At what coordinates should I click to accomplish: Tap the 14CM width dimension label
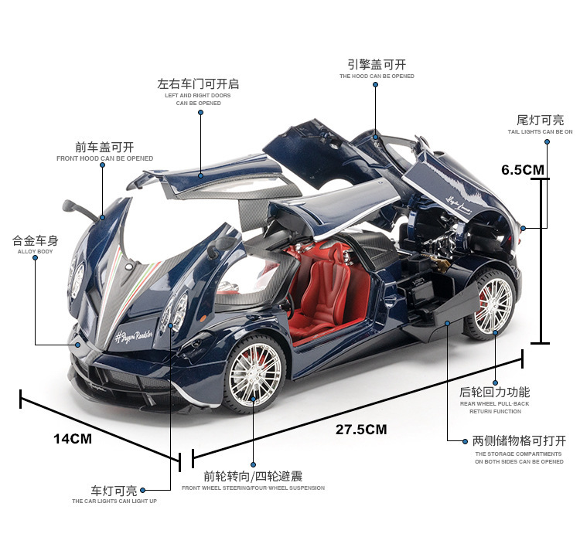point(73,439)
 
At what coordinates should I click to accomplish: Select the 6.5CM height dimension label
point(523,170)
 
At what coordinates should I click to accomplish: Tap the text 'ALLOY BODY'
point(36,252)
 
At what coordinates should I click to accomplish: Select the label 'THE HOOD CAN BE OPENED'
point(377,76)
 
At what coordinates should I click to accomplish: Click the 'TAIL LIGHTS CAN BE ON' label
point(541,132)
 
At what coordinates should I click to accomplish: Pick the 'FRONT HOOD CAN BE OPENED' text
point(104,158)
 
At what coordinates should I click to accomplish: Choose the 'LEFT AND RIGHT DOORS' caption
point(198,95)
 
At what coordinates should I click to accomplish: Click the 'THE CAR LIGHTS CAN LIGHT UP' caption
point(114,501)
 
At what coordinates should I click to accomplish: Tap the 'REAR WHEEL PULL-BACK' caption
point(495,403)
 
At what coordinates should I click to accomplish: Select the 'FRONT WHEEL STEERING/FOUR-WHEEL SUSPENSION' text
point(253,488)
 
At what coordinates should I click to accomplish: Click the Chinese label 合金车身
point(36,240)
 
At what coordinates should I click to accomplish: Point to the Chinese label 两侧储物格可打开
point(519,440)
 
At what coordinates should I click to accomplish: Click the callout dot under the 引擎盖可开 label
point(377,86)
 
